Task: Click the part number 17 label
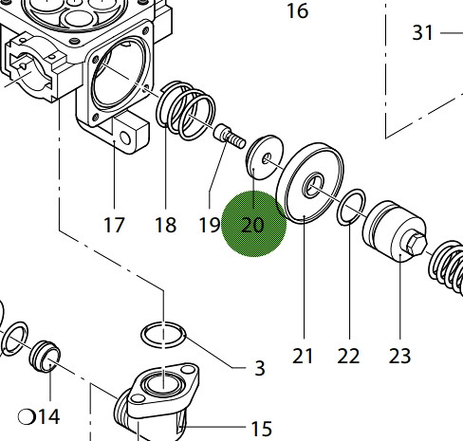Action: [x=114, y=225]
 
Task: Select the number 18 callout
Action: [x=166, y=225]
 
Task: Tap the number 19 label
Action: [x=210, y=225]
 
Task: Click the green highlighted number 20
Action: [x=252, y=225]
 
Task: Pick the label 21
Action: [x=303, y=356]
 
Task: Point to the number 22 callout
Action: [x=348, y=356]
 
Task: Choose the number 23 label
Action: [x=399, y=356]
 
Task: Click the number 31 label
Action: [x=422, y=32]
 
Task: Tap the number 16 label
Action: [x=297, y=11]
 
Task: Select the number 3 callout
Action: [x=260, y=368]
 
